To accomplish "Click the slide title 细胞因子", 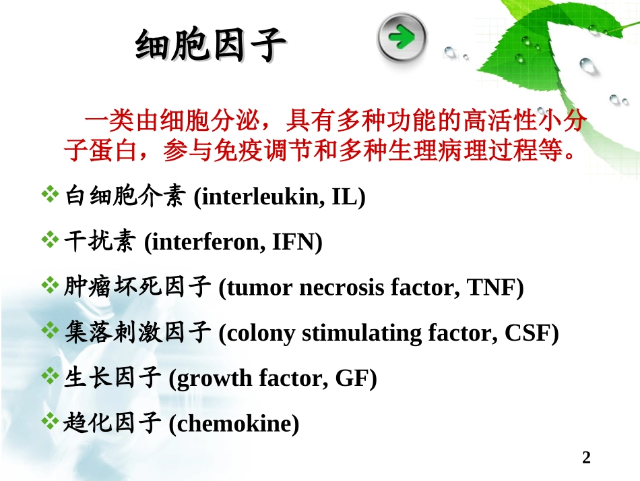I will click(211, 47).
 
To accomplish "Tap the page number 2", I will click(585, 458).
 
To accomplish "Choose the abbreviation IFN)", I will click(296, 242).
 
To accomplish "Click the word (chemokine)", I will click(233, 424).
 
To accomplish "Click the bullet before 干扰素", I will click(51, 241).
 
